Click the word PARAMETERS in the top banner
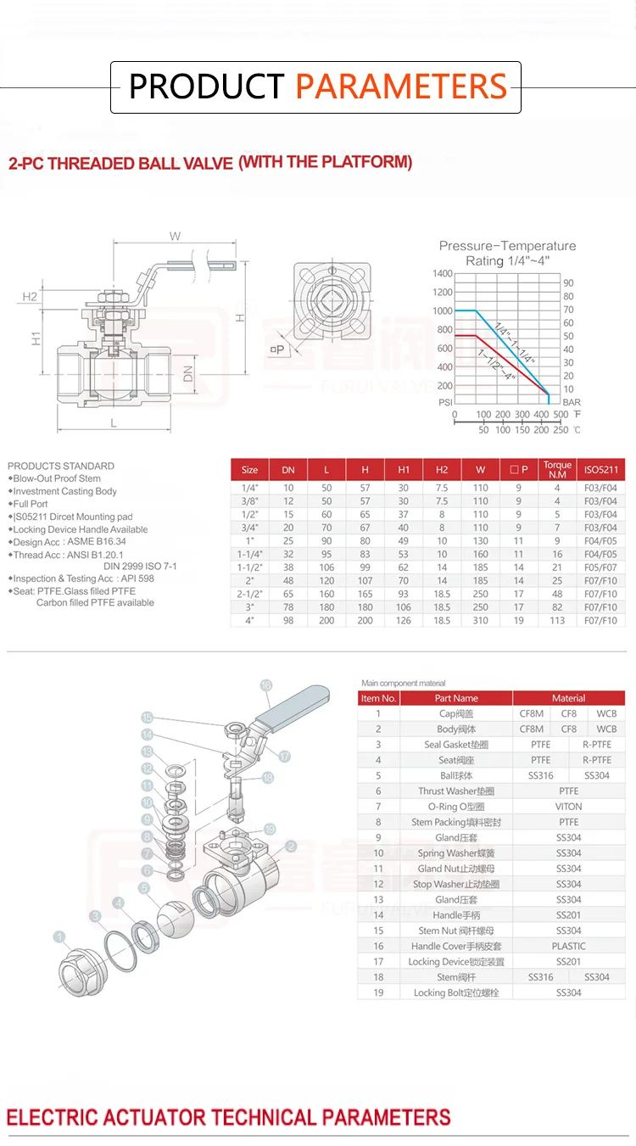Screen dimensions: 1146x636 (x=401, y=87)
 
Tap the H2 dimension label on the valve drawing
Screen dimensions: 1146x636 (x=30, y=296)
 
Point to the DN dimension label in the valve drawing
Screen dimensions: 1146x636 (x=188, y=370)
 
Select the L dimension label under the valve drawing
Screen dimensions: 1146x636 (x=113, y=422)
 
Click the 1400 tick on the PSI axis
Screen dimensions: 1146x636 (x=442, y=274)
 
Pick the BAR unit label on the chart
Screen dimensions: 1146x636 (x=572, y=402)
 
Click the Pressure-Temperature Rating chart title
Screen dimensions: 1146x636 (x=507, y=253)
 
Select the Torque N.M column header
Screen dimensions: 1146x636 (x=557, y=469)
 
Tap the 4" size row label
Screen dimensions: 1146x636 (x=249, y=620)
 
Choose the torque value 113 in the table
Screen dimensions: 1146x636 (x=557, y=620)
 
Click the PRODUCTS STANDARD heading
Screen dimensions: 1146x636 (x=60, y=466)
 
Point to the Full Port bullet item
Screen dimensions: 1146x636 (x=31, y=504)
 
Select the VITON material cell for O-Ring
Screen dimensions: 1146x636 (x=568, y=807)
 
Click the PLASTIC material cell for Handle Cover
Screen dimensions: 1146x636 (x=568, y=946)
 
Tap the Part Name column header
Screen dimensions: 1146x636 (x=456, y=698)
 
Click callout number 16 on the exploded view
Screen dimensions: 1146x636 (x=265, y=685)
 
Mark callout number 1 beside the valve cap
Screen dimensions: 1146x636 (x=59, y=936)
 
